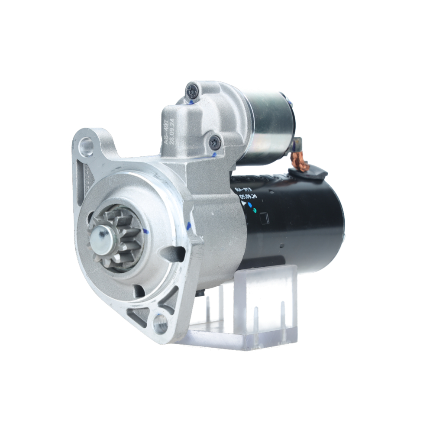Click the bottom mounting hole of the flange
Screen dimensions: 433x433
(160, 322)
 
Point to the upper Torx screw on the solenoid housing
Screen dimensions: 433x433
(191, 90)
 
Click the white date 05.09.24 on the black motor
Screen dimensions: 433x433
(248, 196)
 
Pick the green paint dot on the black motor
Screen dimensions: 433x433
(255, 210)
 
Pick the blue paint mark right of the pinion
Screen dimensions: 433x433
(146, 232)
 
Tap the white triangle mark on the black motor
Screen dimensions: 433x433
(243, 204)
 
